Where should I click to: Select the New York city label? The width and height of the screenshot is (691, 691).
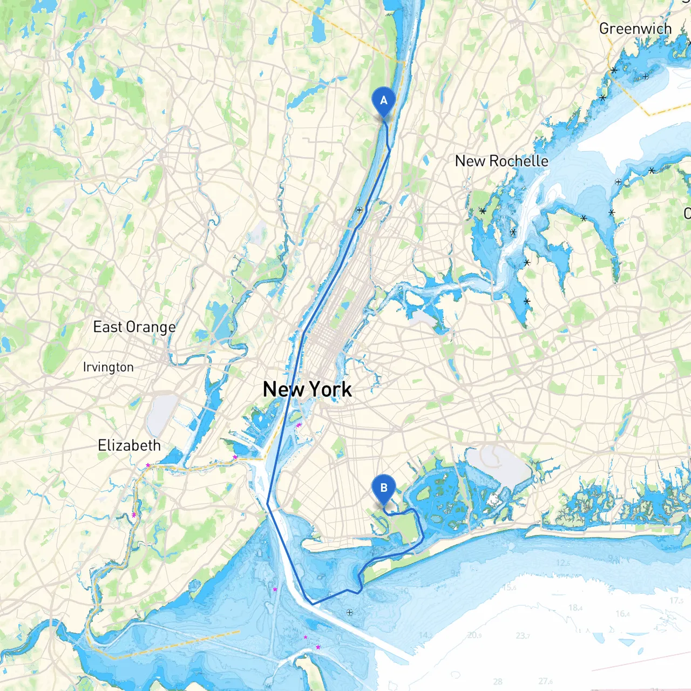pyautogui.click(x=307, y=389)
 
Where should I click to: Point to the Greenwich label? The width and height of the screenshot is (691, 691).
pyautogui.click(x=635, y=29)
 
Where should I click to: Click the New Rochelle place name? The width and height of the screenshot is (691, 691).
pyautogui.click(x=502, y=161)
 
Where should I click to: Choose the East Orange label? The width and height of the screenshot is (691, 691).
pyautogui.click(x=134, y=327)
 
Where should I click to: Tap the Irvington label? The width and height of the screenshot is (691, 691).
pyautogui.click(x=108, y=367)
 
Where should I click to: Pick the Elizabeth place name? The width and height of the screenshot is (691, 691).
pyautogui.click(x=130, y=445)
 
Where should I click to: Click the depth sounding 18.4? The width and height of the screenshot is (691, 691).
pyautogui.click(x=575, y=608)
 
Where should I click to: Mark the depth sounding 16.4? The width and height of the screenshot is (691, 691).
pyautogui.click(x=622, y=614)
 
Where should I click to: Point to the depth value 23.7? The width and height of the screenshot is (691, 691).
pyautogui.click(x=523, y=636)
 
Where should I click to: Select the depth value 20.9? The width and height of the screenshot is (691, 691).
pyautogui.click(x=475, y=635)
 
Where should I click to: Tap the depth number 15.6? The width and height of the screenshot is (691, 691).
pyautogui.click(x=510, y=587)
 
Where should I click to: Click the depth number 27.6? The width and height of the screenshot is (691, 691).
pyautogui.click(x=545, y=681)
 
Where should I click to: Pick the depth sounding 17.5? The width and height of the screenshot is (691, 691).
pyautogui.click(x=676, y=600)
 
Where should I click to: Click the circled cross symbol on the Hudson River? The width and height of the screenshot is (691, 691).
pyautogui.click(x=359, y=210)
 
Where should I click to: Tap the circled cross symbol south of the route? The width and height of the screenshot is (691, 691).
pyautogui.click(x=349, y=612)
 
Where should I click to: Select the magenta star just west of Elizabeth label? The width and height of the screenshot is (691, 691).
pyautogui.click(x=148, y=465)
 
